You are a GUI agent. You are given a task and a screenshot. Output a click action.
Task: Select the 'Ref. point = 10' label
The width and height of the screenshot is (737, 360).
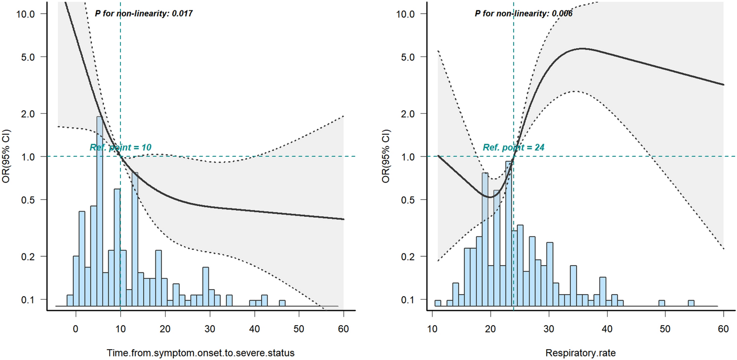[120, 147]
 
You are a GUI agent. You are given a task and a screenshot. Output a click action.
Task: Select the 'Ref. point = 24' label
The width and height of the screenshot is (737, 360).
[513, 147]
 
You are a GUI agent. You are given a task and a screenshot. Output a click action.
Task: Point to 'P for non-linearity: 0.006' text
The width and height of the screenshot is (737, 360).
[523, 14]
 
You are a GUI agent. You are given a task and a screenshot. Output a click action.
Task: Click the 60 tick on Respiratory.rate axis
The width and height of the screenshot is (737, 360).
[723, 328]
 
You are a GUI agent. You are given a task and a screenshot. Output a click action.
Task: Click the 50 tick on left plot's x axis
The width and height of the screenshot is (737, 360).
[299, 328]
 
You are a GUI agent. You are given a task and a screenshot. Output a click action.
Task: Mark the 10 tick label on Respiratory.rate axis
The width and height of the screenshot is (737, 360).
[432, 328]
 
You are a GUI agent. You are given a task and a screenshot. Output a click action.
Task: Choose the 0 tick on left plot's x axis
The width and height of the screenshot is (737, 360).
[76, 328]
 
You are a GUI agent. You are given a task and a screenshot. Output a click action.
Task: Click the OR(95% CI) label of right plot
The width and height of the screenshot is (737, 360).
[388, 156]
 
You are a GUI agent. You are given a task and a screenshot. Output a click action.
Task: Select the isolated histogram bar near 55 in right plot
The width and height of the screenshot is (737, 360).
[691, 303]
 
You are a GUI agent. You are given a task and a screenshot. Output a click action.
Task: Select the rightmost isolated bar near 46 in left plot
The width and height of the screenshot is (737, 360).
[282, 303]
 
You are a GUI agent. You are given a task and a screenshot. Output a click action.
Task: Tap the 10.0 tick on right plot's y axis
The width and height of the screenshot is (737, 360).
[405, 14]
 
